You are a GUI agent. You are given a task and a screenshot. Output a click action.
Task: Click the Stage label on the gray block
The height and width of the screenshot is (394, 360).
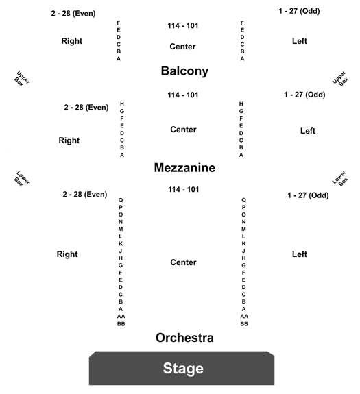183,369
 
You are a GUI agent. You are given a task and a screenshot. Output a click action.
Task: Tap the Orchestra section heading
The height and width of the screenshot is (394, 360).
184,338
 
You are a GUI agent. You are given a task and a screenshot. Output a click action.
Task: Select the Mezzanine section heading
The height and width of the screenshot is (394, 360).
184,168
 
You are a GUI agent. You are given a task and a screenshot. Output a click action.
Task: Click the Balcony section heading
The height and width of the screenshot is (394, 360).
184,71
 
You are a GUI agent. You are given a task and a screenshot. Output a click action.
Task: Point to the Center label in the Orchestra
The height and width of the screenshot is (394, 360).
183,262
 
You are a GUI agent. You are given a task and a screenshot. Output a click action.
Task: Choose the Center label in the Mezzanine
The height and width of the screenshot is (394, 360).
183,130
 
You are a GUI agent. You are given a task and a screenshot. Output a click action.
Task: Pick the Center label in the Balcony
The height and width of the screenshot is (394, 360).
182,47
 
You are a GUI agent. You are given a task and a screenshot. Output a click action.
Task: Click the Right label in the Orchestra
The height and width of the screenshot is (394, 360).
67,254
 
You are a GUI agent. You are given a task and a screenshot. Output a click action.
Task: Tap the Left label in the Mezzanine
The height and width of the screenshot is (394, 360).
308,131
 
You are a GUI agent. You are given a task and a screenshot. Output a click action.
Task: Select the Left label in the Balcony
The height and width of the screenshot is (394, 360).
300,41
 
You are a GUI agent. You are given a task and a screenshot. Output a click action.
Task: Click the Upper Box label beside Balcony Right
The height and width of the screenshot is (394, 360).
22,79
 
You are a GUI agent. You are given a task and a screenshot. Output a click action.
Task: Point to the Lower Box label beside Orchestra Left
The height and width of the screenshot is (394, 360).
340,178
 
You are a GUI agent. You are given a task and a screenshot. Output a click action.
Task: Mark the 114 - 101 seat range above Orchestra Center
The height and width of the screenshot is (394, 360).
184,189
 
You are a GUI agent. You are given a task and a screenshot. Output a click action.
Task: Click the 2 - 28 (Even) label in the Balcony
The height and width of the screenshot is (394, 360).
73,13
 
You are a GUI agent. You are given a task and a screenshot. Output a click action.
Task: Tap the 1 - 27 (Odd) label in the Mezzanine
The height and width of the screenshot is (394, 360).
304,95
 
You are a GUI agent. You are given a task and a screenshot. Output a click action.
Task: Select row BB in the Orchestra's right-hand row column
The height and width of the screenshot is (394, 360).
244,324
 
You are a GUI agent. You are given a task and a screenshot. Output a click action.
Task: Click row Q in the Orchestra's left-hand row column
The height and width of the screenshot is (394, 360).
121,200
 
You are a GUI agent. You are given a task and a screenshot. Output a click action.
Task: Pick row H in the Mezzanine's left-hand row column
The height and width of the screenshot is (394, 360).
122,104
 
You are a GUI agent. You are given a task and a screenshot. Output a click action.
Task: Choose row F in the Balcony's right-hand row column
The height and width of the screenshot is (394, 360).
242,23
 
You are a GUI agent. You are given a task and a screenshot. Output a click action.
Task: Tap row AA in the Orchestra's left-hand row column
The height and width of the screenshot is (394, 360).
121,316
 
